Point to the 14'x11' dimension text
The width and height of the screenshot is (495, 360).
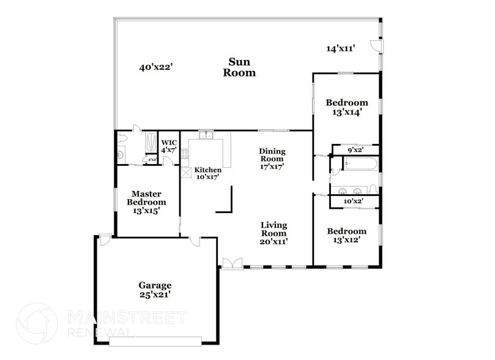(341, 48)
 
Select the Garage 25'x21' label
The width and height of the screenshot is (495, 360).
(154, 290)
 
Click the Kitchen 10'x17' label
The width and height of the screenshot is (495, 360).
(206, 173)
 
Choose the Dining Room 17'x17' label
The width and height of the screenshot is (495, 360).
(272, 159)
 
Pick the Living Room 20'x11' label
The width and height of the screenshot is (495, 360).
(274, 233)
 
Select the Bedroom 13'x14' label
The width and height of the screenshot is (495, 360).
(346, 107)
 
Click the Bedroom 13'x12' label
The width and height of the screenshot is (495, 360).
(346, 235)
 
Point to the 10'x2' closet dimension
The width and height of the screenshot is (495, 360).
(354, 201)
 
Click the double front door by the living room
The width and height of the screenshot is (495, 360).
(231, 263)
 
